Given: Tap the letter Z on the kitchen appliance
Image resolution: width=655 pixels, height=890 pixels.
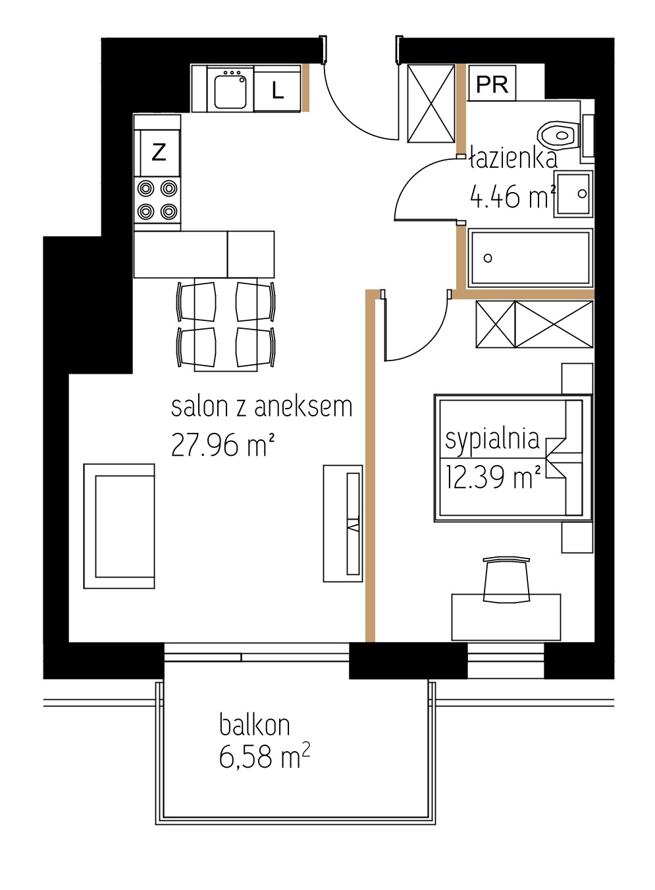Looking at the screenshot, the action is [159, 152].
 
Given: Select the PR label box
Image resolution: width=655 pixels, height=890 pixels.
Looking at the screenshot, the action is [492, 84].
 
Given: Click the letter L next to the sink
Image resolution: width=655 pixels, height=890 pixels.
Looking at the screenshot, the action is [277, 90].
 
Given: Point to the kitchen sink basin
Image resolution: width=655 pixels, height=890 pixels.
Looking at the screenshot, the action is [230, 92].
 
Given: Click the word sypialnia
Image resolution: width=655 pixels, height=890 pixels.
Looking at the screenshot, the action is [492, 439].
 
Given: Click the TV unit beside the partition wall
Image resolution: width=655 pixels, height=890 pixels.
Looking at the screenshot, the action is [343, 524].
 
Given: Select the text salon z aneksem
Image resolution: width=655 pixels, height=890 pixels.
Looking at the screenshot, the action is [262, 407].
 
